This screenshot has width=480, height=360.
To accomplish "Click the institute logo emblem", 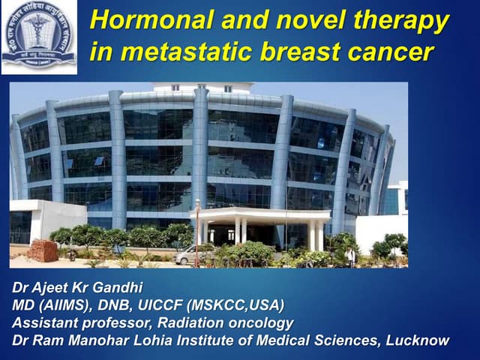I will pyautogui.click(x=38, y=35).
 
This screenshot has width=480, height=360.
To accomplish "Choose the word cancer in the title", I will pyautogui.click(x=398, y=52).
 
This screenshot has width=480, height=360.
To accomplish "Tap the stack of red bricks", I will pyautogui.click(x=43, y=252).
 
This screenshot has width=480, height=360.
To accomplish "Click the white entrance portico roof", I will pyautogui.click(x=259, y=214).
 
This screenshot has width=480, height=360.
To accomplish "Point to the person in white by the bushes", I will pyautogui.click(x=350, y=256).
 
